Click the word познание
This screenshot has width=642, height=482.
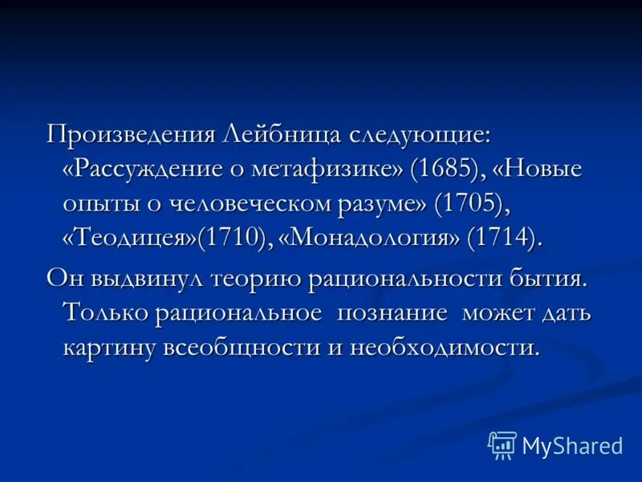coord(392,313)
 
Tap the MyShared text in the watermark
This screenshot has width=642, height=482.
coord(572,444)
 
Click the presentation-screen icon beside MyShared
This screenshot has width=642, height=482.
coord(502,444)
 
